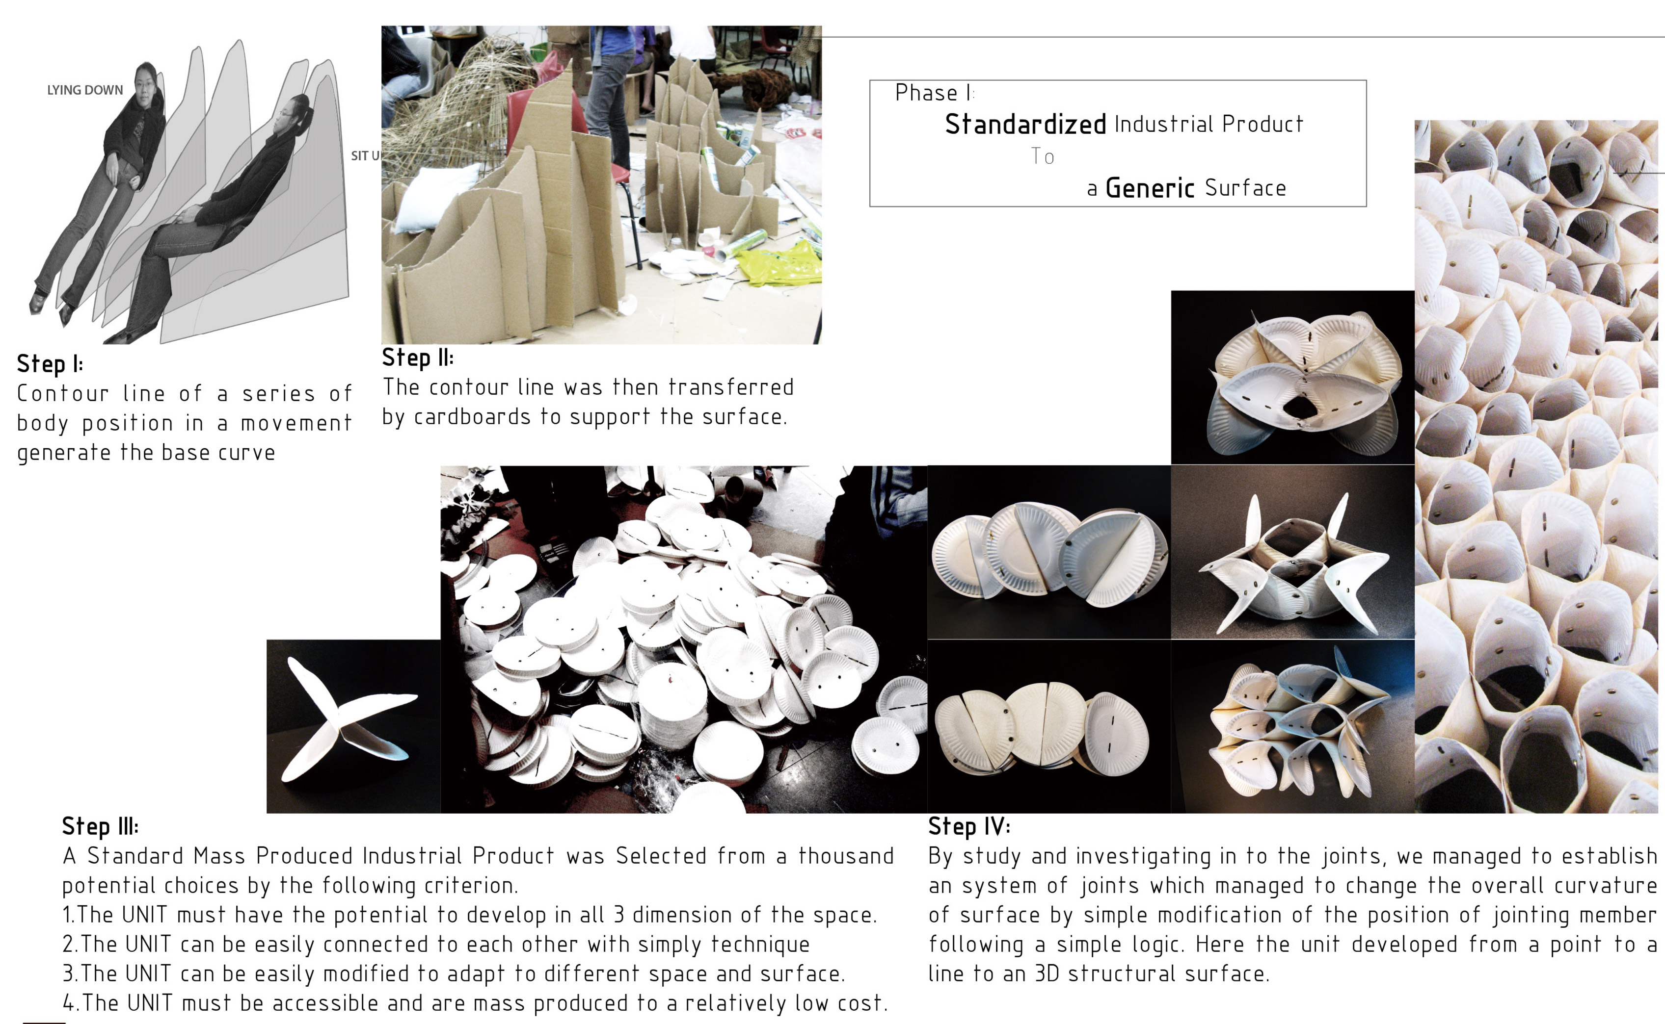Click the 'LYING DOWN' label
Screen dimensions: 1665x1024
[85, 90]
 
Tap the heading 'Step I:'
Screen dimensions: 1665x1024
[50, 364]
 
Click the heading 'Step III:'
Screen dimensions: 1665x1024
[100, 827]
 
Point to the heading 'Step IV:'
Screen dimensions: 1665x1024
[969, 827]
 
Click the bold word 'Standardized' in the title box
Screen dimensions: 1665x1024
[1025, 125]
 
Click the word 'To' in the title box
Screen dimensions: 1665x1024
[1043, 156]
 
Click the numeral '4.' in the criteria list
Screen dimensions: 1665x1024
[71, 1003]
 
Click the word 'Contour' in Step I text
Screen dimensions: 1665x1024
[62, 393]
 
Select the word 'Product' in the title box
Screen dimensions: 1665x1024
[1262, 125]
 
